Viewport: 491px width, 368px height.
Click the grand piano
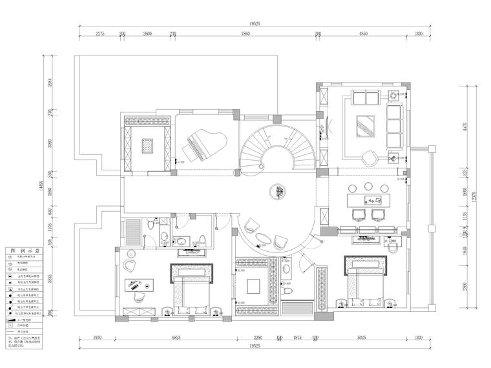(205, 143)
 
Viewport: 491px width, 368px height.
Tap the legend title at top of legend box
(23, 250)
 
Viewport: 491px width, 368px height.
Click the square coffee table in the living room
(366, 123)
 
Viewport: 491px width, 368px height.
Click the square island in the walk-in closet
(253, 285)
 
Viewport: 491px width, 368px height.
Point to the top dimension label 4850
(363, 33)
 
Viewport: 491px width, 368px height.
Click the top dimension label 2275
(100, 33)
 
